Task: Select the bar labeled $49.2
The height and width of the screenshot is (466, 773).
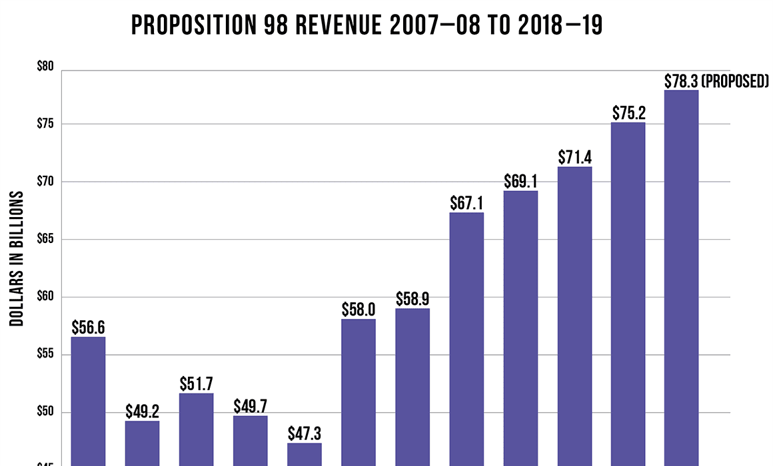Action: [x=143, y=443]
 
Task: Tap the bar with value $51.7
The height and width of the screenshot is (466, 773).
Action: [x=197, y=429]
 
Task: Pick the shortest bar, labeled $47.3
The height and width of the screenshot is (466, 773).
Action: [x=305, y=454]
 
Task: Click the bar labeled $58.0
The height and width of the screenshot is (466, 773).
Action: [x=359, y=392]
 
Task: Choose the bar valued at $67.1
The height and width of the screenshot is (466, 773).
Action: [x=466, y=339]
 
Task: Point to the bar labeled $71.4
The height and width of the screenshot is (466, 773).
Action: [x=574, y=316]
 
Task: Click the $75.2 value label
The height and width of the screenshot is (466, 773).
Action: [x=628, y=113]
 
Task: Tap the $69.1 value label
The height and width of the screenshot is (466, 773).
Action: [x=520, y=181]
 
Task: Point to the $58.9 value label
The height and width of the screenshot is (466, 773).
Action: [x=412, y=299]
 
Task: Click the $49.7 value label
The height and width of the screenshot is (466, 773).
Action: [x=251, y=406]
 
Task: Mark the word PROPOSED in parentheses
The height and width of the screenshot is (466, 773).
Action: [x=736, y=81]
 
